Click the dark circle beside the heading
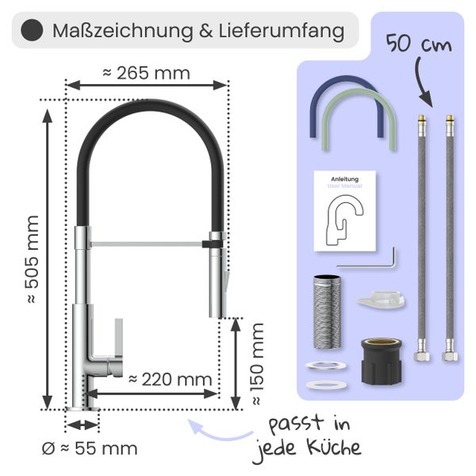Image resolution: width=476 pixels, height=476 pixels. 33,32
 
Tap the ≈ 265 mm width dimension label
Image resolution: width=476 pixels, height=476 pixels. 146,73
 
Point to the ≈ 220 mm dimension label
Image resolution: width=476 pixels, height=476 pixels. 170,378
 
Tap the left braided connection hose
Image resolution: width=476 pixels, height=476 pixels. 420,238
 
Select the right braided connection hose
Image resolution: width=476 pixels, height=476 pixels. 450,238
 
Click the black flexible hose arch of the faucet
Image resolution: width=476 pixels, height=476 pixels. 146,111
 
